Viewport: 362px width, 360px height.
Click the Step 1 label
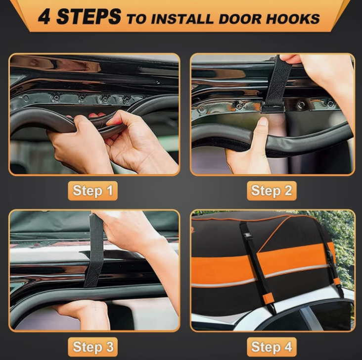coord(92,191)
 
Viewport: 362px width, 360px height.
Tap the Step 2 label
coord(271,191)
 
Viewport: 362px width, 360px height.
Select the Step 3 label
coord(92,347)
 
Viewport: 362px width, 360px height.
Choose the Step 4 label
coord(271,347)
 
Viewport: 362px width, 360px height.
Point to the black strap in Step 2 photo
coord(278,79)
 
